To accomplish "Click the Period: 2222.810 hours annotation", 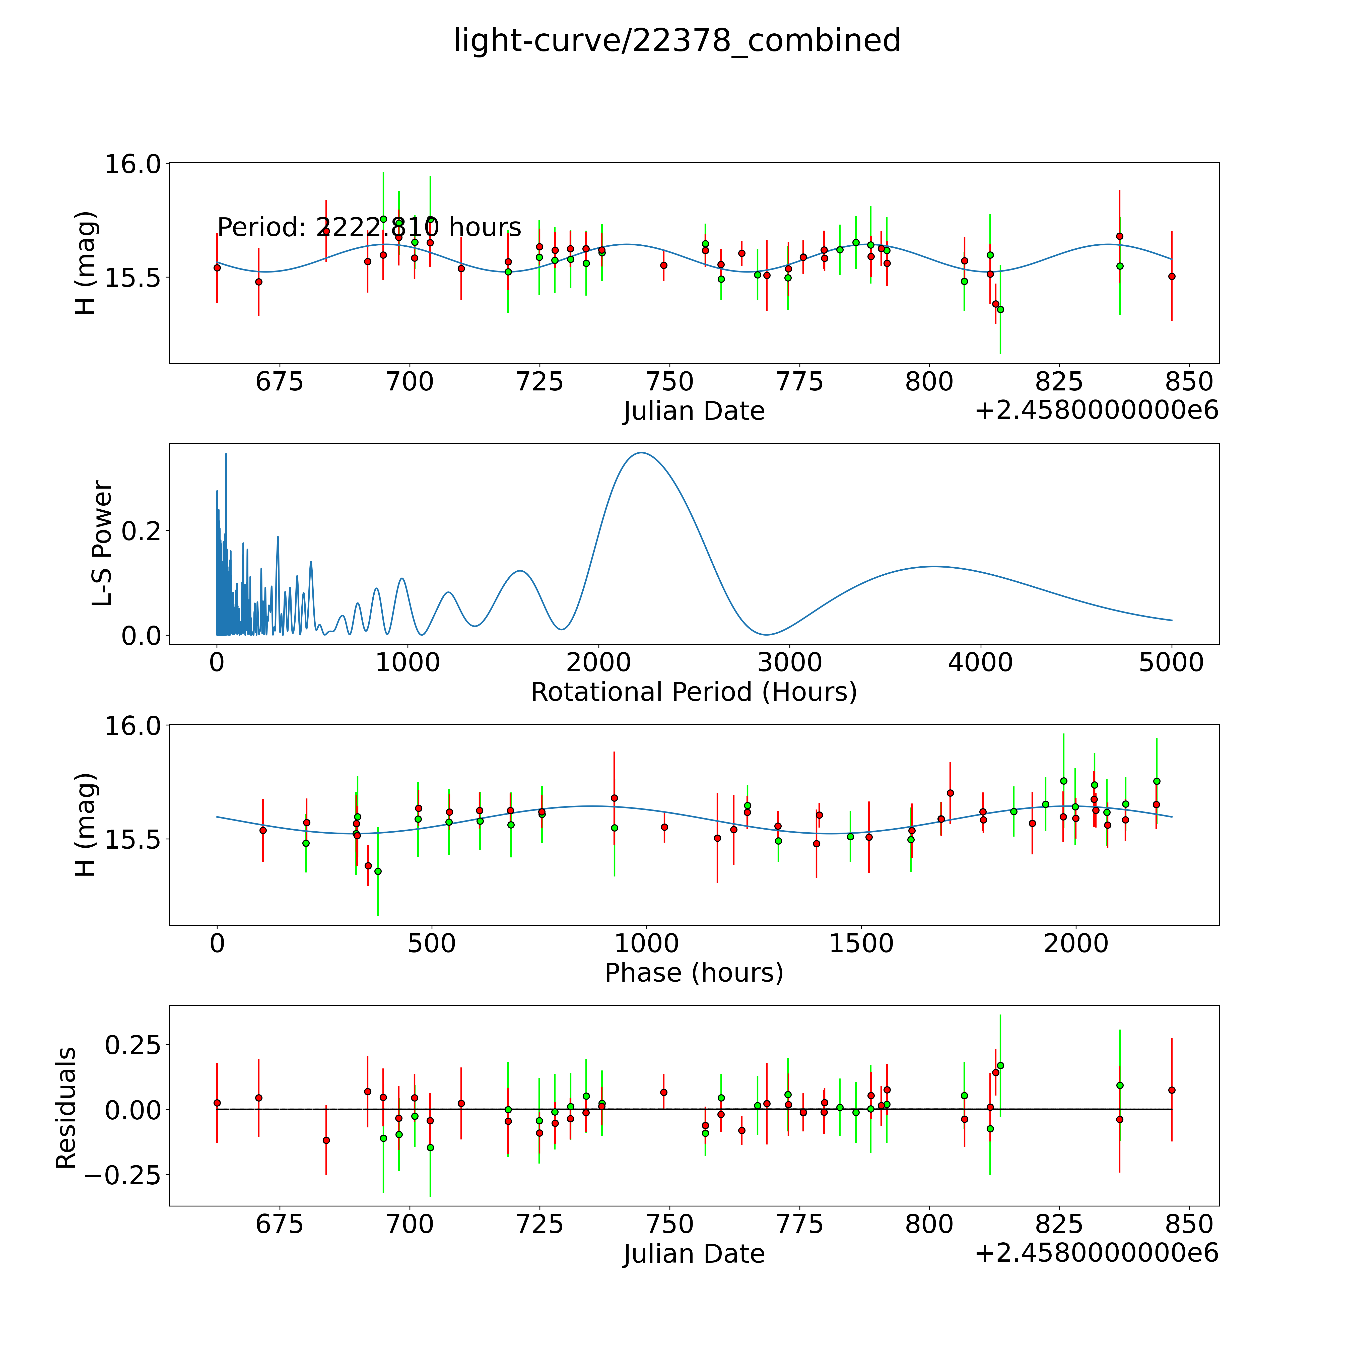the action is point(369,227).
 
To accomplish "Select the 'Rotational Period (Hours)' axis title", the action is point(694,692).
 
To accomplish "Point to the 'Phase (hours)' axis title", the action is point(694,973).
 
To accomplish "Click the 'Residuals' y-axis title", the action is point(66,1108).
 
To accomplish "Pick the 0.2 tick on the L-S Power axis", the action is point(141,530).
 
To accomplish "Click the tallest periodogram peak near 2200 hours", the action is point(641,452).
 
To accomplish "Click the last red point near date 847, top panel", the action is point(1171,276).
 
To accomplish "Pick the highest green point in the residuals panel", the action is point(1000,1065).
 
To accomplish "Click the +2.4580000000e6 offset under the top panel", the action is point(1096,410).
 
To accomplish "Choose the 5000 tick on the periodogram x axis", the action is point(1171,662).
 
